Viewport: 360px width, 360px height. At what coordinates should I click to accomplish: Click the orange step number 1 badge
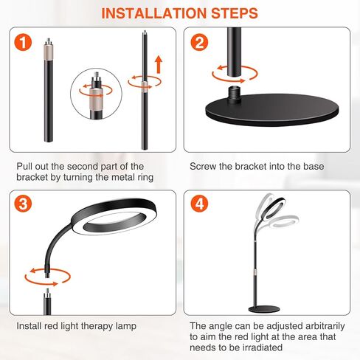pyautogui.click(x=23, y=43)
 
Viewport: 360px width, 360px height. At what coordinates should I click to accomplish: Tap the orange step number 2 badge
pyautogui.click(x=199, y=43)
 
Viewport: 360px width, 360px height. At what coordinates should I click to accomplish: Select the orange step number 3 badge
pyautogui.click(x=23, y=204)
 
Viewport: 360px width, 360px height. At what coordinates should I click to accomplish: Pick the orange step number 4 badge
pyautogui.click(x=199, y=204)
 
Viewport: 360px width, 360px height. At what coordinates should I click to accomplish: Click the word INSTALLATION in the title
pyautogui.click(x=154, y=13)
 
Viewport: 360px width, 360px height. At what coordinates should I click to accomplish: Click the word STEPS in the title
pyautogui.click(x=235, y=13)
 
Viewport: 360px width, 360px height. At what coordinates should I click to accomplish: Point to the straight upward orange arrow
pyautogui.click(x=159, y=64)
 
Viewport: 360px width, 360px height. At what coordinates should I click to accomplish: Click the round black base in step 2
pyautogui.click(x=272, y=110)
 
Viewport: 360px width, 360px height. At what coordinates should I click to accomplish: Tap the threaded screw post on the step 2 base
pyautogui.click(x=234, y=91)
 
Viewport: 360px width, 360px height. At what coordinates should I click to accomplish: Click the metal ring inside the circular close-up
pyautogui.click(x=96, y=96)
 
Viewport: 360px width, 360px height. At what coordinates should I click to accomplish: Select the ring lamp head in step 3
pyautogui.click(x=114, y=217)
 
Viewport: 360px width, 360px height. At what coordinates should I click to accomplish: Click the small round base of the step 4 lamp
pyautogui.click(x=264, y=309)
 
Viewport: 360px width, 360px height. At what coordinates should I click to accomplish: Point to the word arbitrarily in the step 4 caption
pyautogui.click(x=325, y=326)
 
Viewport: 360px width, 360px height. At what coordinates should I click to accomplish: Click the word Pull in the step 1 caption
pyautogui.click(x=24, y=167)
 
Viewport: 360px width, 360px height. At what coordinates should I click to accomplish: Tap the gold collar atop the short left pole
pyautogui.click(x=49, y=52)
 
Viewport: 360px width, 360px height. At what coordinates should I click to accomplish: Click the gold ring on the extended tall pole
pyautogui.click(x=145, y=86)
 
